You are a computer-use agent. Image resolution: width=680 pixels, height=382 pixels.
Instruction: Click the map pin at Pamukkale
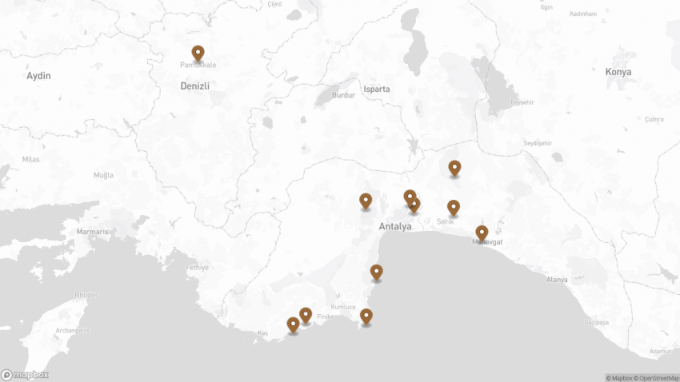[198, 53]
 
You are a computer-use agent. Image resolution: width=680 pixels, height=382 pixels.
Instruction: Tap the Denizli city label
[194, 85]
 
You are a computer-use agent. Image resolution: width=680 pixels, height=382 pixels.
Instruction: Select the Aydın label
[38, 76]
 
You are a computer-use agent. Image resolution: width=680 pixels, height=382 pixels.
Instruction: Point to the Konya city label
[618, 72]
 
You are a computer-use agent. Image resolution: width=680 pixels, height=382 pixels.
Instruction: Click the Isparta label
[376, 89]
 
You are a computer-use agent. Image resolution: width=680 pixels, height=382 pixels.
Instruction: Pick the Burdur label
[343, 95]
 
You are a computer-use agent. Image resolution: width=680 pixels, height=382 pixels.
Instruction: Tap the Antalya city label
[395, 227]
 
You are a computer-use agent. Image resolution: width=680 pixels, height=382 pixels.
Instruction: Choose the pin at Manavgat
[482, 233]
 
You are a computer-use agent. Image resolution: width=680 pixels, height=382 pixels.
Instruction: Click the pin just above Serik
[453, 207]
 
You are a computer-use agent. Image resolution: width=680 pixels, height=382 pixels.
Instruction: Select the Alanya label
[556, 280]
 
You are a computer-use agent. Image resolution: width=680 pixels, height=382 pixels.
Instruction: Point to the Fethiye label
[197, 268]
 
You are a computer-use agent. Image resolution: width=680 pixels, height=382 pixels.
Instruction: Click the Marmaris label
[92, 232]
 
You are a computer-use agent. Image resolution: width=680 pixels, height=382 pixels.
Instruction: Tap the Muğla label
[104, 175]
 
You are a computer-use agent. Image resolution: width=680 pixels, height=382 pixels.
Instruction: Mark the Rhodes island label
[86, 295]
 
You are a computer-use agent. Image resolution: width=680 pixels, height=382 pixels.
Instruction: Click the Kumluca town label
[342, 307]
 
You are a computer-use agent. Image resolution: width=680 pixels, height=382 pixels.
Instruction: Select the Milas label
[31, 160]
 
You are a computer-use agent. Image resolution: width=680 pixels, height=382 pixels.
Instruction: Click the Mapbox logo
[25, 374]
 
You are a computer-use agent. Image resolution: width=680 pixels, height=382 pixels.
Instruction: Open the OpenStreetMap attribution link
[656, 378]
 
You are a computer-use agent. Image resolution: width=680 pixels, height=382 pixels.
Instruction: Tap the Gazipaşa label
[596, 322]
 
